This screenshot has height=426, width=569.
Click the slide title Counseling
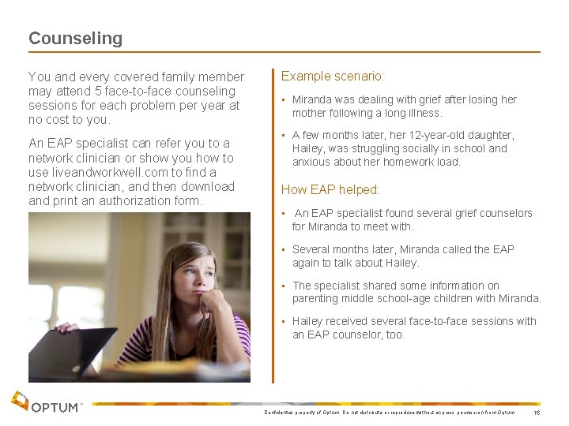click(x=75, y=38)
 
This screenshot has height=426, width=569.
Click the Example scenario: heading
click(x=333, y=77)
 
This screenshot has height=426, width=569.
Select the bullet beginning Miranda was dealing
click(x=404, y=106)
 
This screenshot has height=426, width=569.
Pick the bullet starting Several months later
click(x=402, y=256)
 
